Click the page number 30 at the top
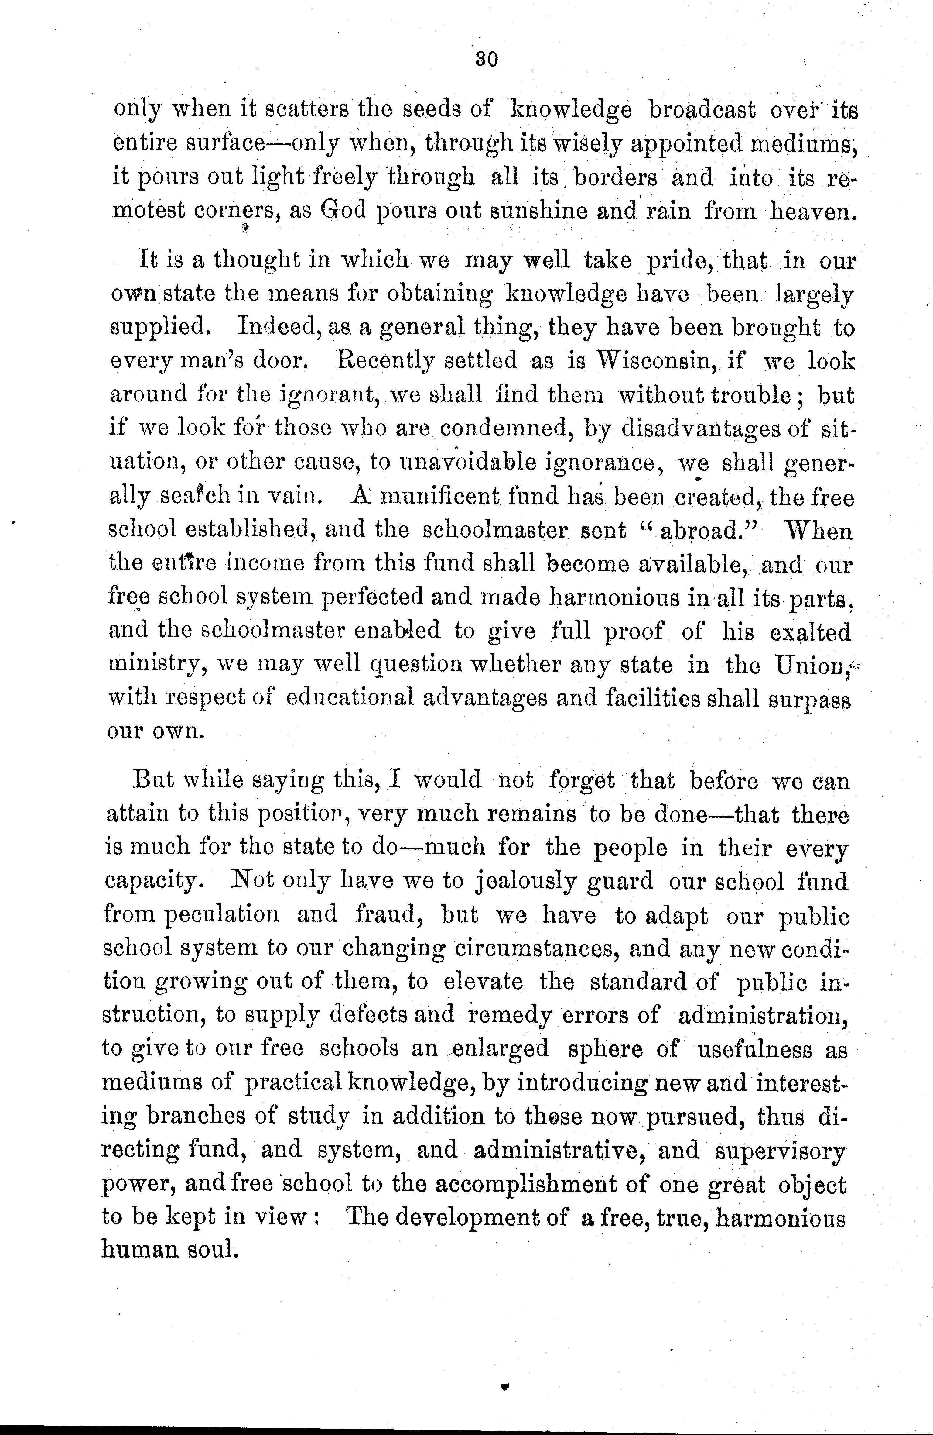click(x=486, y=59)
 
